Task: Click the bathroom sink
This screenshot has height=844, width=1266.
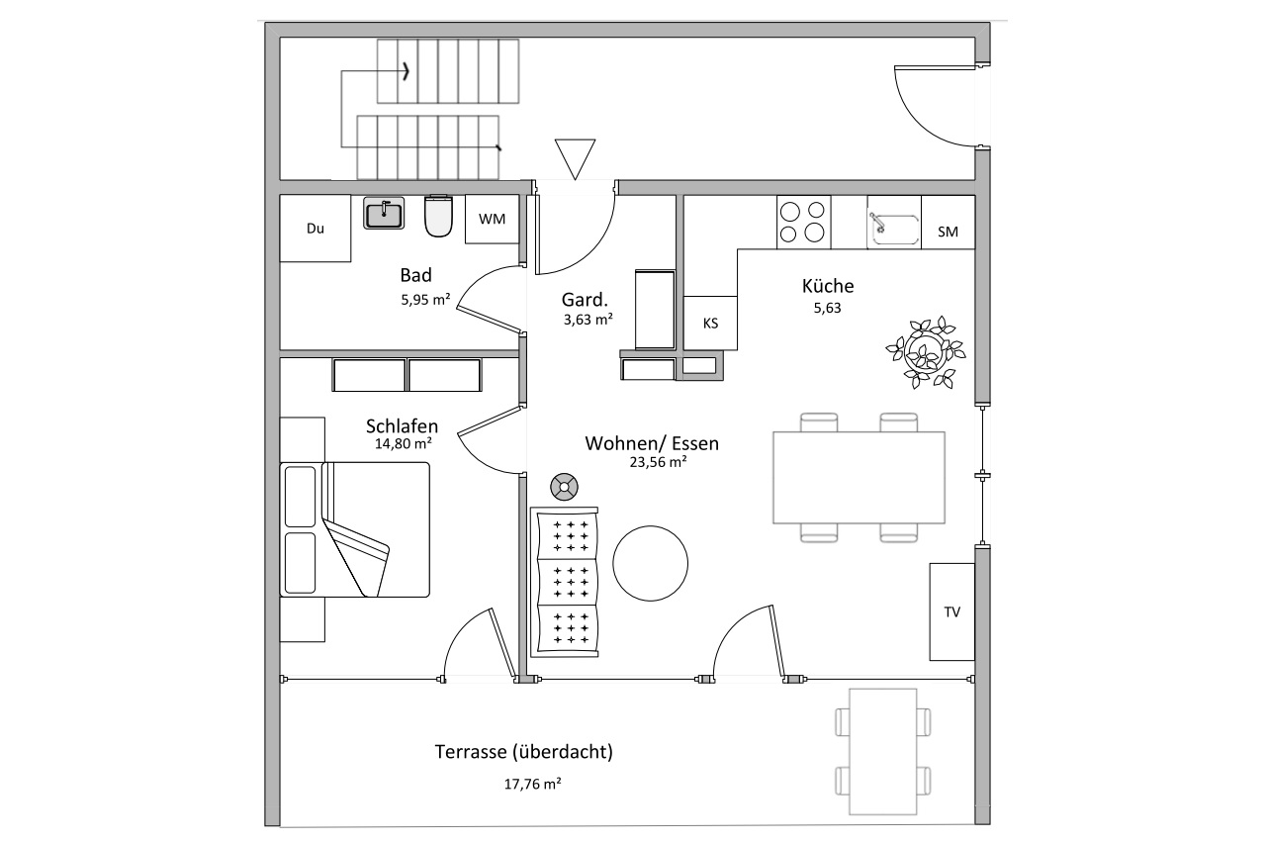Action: coord(384,213)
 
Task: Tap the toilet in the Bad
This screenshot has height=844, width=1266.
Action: coord(438,216)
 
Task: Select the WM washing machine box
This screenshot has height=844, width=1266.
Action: coord(492,220)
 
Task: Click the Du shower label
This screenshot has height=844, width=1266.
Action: coord(316,229)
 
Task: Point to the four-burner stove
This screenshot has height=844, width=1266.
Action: coord(804,223)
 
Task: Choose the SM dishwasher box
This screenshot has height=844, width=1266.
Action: coord(949,223)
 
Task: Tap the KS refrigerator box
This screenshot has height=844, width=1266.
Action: coord(710,323)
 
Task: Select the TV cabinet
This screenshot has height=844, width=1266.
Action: coord(952,611)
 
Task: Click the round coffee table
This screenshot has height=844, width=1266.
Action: coord(651,564)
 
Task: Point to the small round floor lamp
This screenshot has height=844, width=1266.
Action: coord(564,487)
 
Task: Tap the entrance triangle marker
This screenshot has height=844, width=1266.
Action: coord(575,159)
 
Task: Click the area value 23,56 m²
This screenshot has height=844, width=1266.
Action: coord(659,462)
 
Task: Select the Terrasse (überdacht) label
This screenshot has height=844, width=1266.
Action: coord(524,752)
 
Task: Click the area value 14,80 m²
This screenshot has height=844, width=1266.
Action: coord(404,443)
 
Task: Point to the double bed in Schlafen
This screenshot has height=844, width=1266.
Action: coord(355,529)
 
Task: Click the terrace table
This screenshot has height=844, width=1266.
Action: coord(883,752)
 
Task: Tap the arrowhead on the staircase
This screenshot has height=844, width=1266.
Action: coord(406,72)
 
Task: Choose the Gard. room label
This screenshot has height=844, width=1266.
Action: coord(585,299)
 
